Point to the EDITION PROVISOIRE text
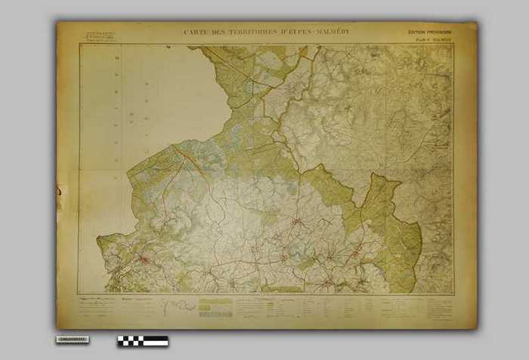(x=428, y=33)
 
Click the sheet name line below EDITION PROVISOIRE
(x=428, y=39)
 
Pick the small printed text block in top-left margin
(x=99, y=36)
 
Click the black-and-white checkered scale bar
(x=143, y=341)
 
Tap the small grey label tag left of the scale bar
(x=72, y=340)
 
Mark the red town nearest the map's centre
(x=297, y=222)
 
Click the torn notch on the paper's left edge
(x=58, y=195)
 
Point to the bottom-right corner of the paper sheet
(x=476, y=327)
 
